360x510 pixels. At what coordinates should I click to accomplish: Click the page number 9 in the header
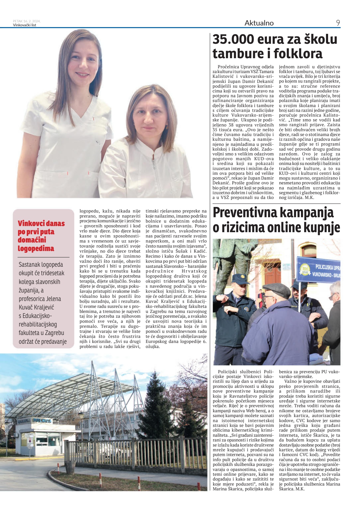point(338,23)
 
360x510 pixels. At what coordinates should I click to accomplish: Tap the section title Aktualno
point(259,23)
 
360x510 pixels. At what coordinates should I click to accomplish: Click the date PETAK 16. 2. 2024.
point(27,21)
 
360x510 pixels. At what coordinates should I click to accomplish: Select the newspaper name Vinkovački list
point(24,25)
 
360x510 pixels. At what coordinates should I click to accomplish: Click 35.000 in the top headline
point(233,39)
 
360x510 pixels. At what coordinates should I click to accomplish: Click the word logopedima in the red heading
point(36,248)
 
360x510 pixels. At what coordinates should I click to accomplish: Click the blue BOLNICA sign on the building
point(43,421)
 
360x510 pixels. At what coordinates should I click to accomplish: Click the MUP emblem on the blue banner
point(305,269)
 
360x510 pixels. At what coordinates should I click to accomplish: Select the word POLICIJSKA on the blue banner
point(327,267)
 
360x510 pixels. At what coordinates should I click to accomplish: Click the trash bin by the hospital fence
point(70,467)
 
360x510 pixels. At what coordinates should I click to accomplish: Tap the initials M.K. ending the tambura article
point(309,198)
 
